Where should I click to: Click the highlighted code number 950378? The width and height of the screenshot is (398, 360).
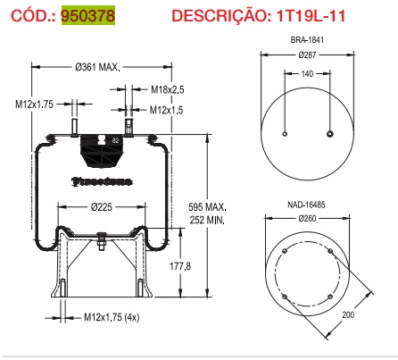click(87, 15)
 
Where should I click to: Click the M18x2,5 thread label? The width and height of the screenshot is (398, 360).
click(167, 90)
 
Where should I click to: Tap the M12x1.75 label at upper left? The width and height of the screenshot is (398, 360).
click(35, 105)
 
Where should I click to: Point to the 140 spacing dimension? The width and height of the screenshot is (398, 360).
click(306, 75)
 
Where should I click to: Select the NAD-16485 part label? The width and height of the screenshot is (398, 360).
click(306, 204)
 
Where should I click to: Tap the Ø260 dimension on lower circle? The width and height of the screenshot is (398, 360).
click(306, 219)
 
